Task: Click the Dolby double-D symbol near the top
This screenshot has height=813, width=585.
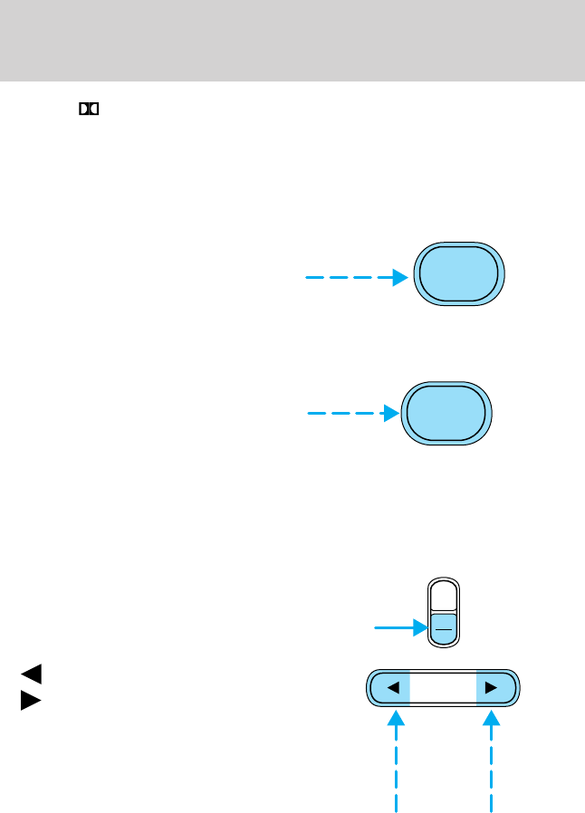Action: (88, 110)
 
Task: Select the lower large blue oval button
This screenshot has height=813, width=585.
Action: (446, 414)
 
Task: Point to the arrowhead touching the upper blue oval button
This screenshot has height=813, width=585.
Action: (401, 278)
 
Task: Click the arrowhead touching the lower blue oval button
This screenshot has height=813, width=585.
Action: (391, 414)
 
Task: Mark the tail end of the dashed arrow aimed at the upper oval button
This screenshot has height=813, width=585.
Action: (308, 278)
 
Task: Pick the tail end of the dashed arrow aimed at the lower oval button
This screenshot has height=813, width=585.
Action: (310, 414)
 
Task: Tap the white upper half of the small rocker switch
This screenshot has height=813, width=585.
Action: (443, 596)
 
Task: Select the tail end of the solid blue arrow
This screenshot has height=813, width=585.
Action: (376, 625)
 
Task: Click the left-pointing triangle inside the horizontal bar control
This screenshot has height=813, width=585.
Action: (392, 688)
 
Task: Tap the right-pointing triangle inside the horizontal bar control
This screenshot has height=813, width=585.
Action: (491, 688)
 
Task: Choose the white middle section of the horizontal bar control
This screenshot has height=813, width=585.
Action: (442, 688)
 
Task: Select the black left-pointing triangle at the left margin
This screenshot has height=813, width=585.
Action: (31, 674)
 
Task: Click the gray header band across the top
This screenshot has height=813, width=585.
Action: (292, 40)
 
